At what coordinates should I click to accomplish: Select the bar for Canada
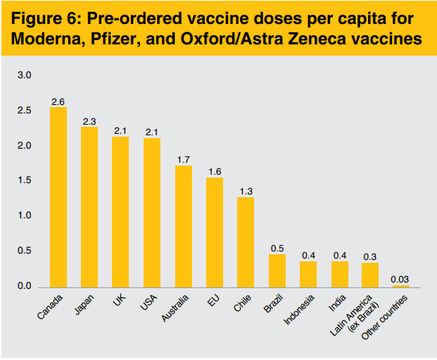click(x=58, y=197)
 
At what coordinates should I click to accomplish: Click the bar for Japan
click(x=89, y=207)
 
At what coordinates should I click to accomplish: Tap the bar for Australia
click(x=183, y=226)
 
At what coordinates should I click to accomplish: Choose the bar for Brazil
click(x=277, y=271)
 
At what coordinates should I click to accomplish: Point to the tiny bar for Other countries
click(x=401, y=286)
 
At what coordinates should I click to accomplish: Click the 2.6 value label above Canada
click(x=58, y=101)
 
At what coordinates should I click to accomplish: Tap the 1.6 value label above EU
click(x=215, y=171)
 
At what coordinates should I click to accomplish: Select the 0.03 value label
click(x=401, y=279)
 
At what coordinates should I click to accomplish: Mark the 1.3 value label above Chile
click(x=246, y=191)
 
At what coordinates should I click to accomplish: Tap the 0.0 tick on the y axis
click(x=25, y=287)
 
